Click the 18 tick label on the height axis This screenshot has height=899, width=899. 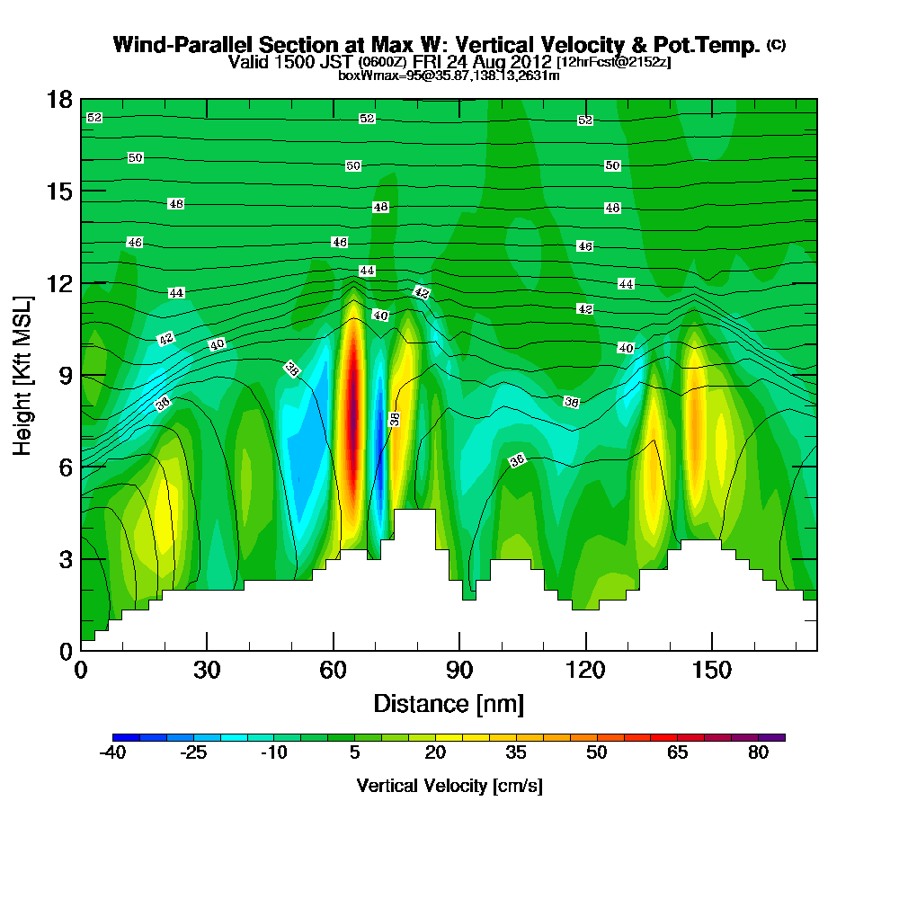[x=58, y=99]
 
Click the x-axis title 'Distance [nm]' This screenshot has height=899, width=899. [x=449, y=702]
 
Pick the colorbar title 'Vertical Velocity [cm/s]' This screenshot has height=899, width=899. [x=449, y=786]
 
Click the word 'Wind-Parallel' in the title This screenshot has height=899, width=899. [x=184, y=44]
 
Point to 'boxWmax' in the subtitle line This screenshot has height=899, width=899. [x=367, y=76]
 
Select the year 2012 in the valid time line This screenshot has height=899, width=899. [x=529, y=62]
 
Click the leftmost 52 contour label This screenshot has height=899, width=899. [x=94, y=118]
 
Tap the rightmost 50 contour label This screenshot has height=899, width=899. [x=612, y=165]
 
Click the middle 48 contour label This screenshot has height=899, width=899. [x=380, y=207]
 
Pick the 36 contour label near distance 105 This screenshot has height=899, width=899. [x=517, y=460]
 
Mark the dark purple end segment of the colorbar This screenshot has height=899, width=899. [x=777, y=737]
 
